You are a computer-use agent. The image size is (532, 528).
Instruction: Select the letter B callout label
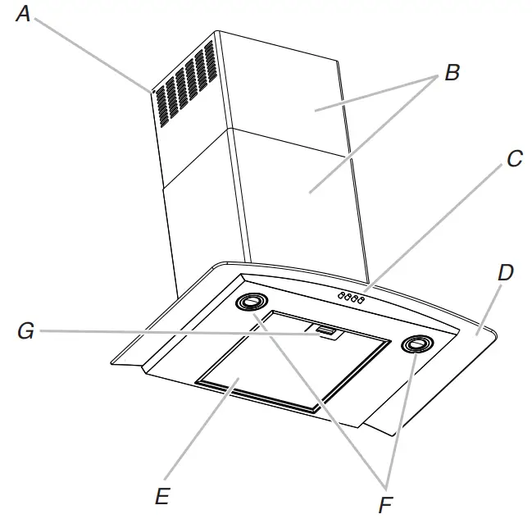[x=452, y=72]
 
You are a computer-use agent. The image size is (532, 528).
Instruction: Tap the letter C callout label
[x=514, y=159]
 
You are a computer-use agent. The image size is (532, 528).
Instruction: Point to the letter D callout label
[x=505, y=273]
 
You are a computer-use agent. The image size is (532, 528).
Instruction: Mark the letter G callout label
[x=26, y=332]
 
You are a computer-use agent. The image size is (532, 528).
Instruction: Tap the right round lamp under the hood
[x=414, y=345]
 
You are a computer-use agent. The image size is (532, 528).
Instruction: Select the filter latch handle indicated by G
[x=325, y=331]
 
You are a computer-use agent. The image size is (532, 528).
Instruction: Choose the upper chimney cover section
[x=287, y=90]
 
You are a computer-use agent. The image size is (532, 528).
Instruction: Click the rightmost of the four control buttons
[x=361, y=300]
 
